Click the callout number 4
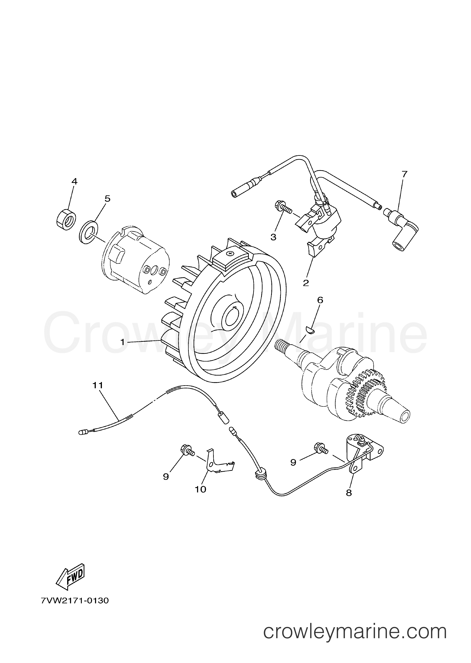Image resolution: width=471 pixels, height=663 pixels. click(75, 182)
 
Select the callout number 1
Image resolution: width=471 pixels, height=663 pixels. click(122, 342)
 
